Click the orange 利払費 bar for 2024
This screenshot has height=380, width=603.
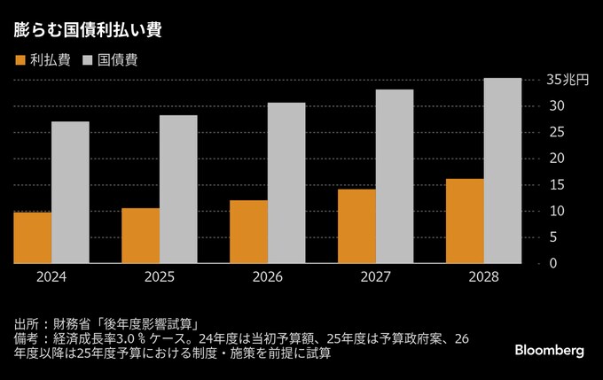tap(32, 237)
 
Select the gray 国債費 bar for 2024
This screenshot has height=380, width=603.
tap(70, 192)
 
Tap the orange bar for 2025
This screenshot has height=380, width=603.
tap(140, 236)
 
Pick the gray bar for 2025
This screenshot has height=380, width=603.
tap(178, 189)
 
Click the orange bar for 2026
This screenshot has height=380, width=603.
tap(248, 231)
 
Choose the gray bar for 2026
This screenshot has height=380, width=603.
tap(286, 182)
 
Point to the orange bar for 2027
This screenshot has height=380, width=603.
tap(356, 226)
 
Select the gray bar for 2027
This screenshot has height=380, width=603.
tap(395, 176)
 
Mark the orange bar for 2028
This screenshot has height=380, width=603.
tap(465, 221)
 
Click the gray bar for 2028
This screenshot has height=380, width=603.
tap(503, 170)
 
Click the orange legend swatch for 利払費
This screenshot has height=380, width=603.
tap(20, 60)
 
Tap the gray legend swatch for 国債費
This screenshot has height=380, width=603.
tap(88, 60)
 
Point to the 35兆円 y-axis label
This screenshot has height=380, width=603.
tap(568, 80)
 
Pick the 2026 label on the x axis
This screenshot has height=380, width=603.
tap(268, 277)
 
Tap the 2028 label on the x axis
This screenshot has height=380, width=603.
tap(484, 277)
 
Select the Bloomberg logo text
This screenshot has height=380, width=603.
tap(550, 351)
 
